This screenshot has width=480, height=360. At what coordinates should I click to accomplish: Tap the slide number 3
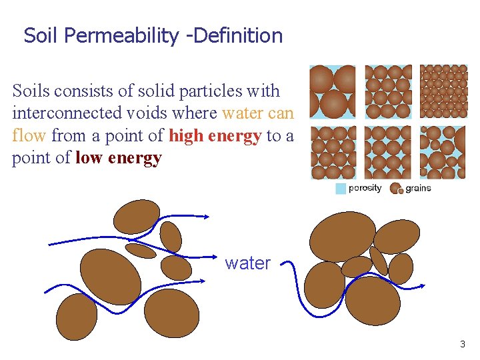click(x=463, y=345)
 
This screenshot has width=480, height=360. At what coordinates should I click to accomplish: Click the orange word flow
click(x=29, y=136)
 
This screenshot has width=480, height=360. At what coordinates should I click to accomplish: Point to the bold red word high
click(x=187, y=136)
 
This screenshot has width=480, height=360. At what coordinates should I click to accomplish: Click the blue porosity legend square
click(x=341, y=189)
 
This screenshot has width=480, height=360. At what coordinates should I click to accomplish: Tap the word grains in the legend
click(x=418, y=189)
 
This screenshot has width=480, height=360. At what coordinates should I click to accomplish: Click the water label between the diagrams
click(x=247, y=263)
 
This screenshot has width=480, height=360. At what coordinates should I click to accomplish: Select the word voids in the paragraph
click(x=145, y=113)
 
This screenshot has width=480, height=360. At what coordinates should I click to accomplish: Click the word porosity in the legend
click(x=365, y=188)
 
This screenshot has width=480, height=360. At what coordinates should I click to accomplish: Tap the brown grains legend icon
click(x=396, y=189)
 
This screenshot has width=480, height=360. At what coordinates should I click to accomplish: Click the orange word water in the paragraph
click(x=243, y=113)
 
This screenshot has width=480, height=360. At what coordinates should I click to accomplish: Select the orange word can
click(x=280, y=113)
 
